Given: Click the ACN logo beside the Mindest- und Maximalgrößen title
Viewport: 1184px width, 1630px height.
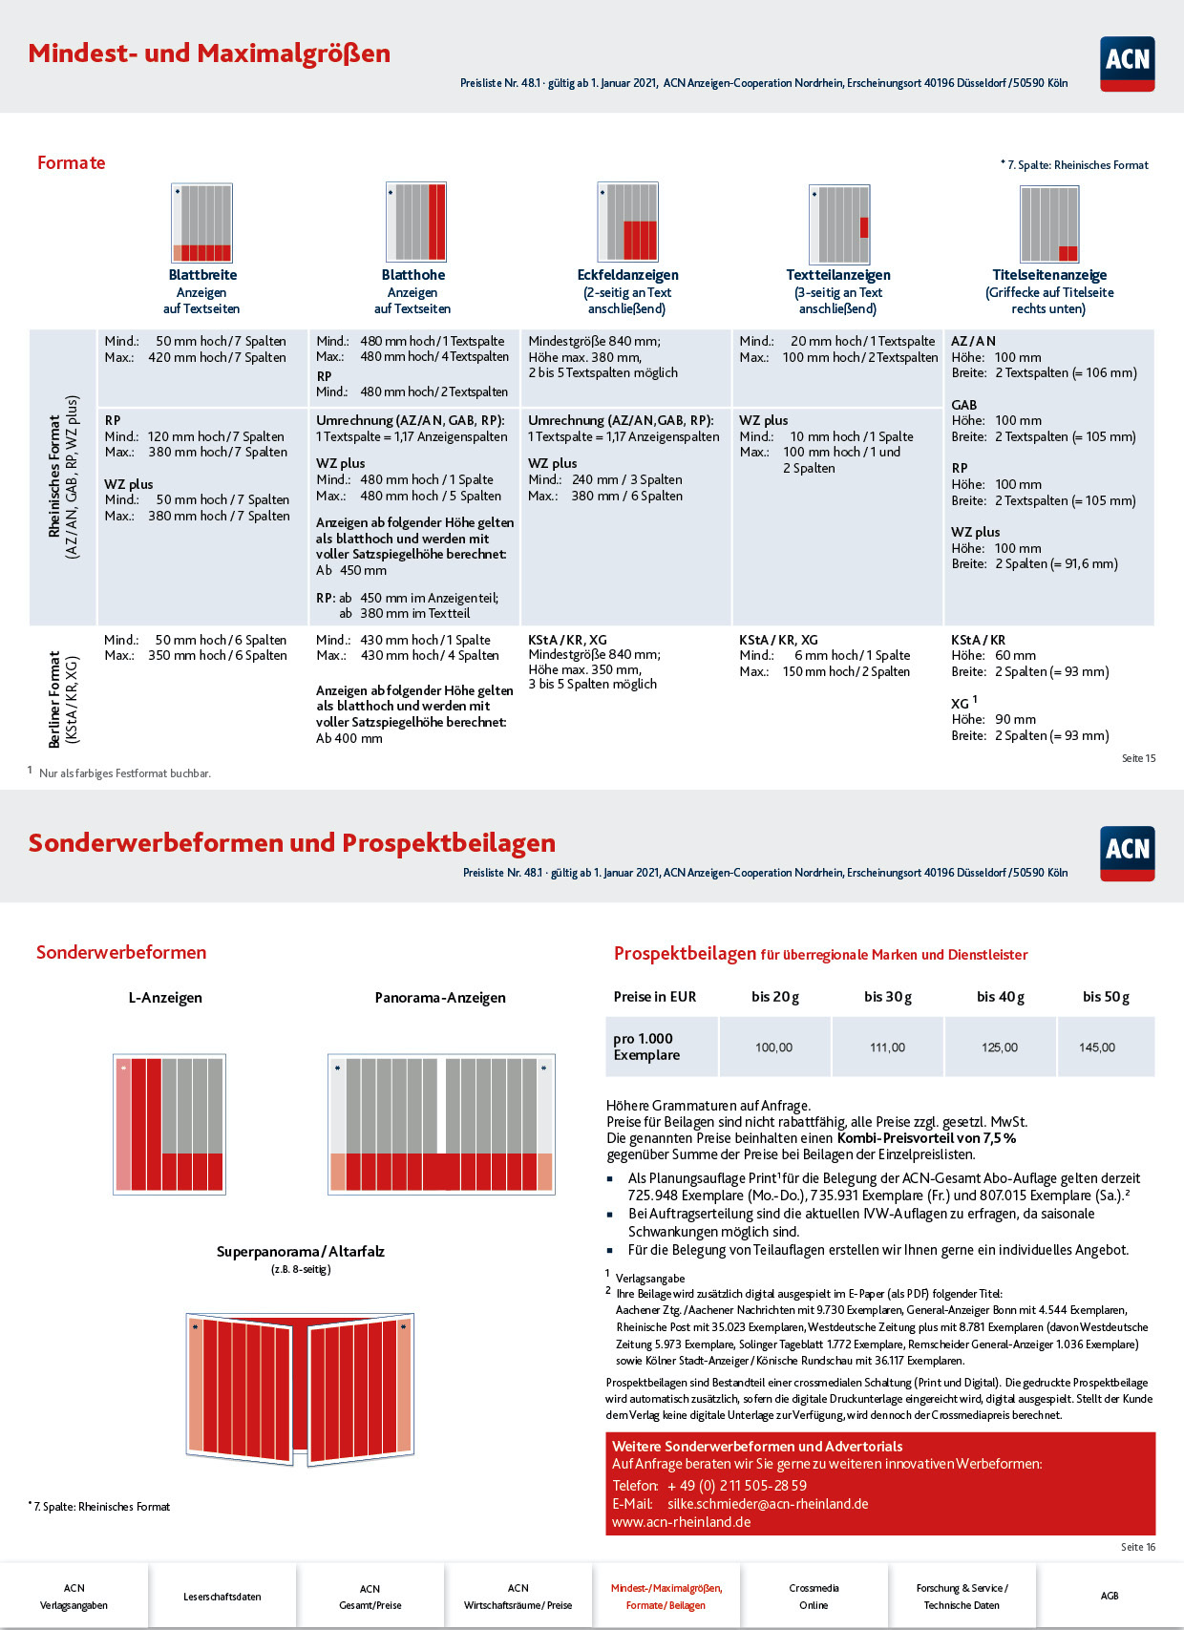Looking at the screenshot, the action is (x=1127, y=64).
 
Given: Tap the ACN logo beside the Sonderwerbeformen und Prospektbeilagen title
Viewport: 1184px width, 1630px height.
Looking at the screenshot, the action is (x=1127, y=854).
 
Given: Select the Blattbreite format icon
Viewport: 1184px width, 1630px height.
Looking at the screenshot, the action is (x=202, y=222).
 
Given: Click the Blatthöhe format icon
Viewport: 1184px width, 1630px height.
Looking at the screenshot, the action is (x=415, y=222).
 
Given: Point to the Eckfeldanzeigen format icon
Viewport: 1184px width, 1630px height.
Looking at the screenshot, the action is (x=627, y=222).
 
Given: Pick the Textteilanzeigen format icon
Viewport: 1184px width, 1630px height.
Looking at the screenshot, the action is (x=839, y=224).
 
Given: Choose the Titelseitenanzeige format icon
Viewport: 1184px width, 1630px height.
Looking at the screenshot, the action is (x=1049, y=224).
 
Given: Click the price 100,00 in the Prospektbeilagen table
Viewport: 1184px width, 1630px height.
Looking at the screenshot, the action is (x=773, y=1048).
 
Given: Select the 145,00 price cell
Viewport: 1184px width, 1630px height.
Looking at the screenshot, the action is (x=1097, y=1048).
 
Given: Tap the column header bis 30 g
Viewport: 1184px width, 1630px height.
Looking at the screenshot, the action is (x=888, y=997).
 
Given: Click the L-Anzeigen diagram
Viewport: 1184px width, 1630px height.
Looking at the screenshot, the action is (x=170, y=1124).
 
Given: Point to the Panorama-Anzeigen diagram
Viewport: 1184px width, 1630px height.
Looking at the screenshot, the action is (x=441, y=1124).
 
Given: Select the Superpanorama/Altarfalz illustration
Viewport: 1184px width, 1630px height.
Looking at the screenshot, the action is (x=300, y=1389).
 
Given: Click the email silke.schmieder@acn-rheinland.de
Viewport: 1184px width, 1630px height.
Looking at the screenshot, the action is (x=768, y=1503).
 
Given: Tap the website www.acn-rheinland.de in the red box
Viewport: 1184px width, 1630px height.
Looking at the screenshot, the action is (x=681, y=1521).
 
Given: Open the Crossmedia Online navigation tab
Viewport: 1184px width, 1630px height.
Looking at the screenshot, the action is (x=814, y=1596).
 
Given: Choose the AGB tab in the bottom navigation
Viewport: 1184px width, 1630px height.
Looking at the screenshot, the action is (x=1109, y=1596).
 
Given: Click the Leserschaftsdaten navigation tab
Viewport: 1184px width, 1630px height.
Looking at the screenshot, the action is (x=222, y=1596).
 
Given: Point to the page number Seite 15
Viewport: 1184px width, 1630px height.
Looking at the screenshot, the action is (x=1138, y=758).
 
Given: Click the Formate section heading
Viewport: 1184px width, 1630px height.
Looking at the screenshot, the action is (x=72, y=162).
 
